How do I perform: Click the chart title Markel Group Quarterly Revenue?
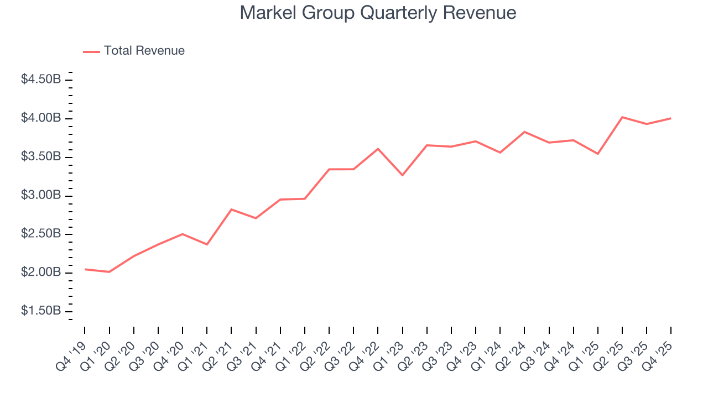coord(378,13)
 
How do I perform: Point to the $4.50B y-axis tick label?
coord(41,80)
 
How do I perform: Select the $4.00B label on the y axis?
coord(41,118)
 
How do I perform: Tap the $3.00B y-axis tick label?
coord(41,196)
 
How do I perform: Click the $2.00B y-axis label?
coord(41,273)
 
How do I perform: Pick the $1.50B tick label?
coord(41,311)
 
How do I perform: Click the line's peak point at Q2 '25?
coord(622,117)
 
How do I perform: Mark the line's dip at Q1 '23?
coord(402,175)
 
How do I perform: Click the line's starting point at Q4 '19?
coord(85,269)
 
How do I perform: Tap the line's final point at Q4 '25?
coord(671,118)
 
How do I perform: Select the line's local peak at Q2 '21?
coord(231,210)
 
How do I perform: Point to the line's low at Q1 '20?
coord(109,272)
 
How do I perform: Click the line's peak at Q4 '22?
coord(378,149)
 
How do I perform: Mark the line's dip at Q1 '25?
coord(598,154)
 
